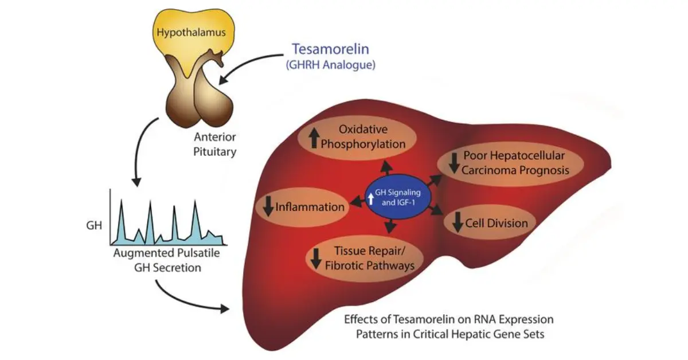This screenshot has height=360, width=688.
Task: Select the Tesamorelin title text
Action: click(330, 49)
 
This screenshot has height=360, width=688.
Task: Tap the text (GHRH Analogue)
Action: click(330, 65)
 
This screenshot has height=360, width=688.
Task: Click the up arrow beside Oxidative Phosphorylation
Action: click(313, 138)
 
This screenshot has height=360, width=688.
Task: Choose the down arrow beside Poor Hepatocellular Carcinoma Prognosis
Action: click(454, 163)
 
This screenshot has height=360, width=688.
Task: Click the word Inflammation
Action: click(310, 207)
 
